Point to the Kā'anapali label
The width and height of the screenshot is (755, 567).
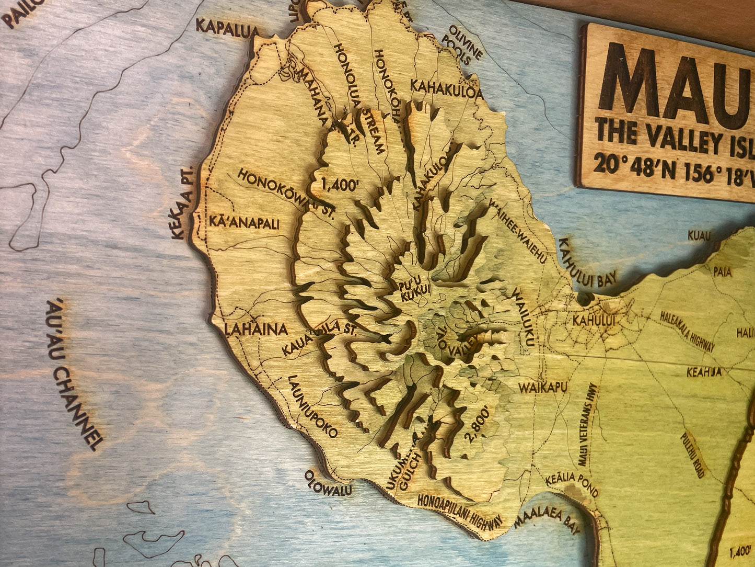[244, 223]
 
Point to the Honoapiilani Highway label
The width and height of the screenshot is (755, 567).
[461, 509]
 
